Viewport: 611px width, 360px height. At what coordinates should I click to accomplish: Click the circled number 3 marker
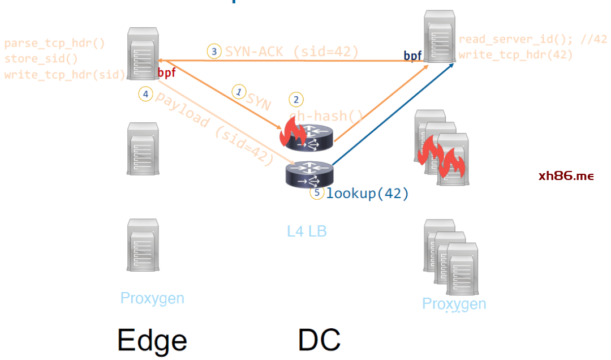click(214, 52)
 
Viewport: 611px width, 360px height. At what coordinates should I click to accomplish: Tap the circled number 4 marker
click(145, 95)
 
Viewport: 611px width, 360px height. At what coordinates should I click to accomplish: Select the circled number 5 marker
click(317, 193)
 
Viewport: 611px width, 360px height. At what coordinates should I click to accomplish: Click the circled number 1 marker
click(239, 91)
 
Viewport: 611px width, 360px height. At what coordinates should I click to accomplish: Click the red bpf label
click(166, 72)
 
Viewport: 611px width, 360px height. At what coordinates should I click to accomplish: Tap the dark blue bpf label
click(412, 55)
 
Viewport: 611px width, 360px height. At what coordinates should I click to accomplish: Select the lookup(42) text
click(367, 194)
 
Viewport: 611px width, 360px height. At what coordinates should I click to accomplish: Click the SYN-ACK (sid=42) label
click(292, 52)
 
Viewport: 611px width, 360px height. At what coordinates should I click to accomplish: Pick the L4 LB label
click(307, 231)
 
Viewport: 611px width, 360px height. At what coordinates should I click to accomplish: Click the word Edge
click(152, 340)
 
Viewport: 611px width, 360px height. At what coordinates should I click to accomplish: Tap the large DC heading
click(319, 340)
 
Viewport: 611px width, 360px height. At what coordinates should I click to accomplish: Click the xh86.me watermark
click(566, 176)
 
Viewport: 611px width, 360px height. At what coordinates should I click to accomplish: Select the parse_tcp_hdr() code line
click(54, 44)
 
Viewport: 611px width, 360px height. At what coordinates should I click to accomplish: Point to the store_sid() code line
click(41, 59)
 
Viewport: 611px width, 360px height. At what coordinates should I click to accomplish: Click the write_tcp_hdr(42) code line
click(515, 55)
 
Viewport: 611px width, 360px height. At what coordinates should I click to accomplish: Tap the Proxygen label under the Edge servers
click(152, 298)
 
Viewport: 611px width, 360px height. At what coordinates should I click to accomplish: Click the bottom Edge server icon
click(143, 244)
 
